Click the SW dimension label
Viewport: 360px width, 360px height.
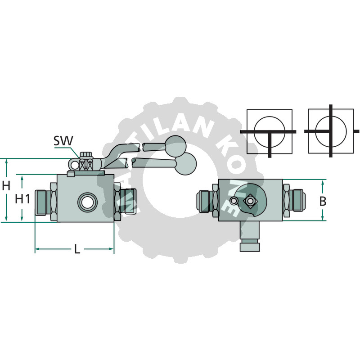(63, 140)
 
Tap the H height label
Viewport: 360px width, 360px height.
(6, 185)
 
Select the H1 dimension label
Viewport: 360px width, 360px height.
(22, 198)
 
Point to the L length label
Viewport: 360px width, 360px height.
(77, 249)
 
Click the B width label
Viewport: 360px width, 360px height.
(323, 201)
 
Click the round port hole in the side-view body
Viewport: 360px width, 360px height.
(86, 202)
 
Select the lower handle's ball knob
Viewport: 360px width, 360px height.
(185, 163)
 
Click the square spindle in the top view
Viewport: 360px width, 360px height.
(249, 201)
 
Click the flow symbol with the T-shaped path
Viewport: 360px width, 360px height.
(269, 131)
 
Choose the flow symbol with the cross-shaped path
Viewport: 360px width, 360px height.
(331, 131)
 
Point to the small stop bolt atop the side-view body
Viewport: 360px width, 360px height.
(70, 173)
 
